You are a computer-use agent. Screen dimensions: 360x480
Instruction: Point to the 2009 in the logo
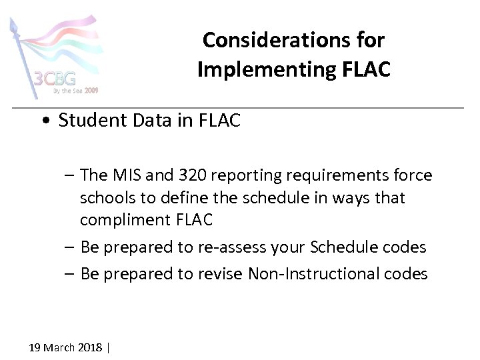point(91,90)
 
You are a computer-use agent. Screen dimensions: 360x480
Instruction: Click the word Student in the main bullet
point(92,120)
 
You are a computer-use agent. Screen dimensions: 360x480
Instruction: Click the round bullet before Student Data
point(44,121)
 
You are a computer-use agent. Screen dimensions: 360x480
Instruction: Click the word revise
point(221,274)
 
